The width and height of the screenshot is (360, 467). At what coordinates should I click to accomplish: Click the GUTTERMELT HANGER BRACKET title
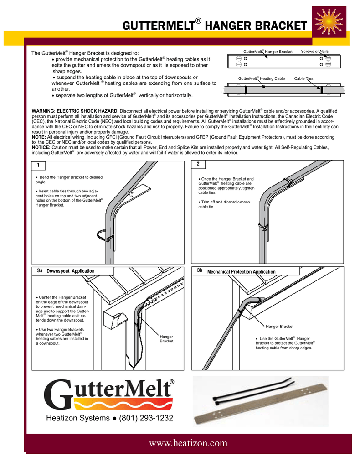[214, 26]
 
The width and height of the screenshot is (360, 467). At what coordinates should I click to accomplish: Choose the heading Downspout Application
[71, 271]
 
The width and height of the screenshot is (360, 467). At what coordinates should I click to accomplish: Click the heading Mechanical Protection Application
[242, 272]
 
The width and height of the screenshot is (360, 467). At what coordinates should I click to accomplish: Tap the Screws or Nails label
[315, 51]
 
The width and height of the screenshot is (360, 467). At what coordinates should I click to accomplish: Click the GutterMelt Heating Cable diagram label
[262, 78]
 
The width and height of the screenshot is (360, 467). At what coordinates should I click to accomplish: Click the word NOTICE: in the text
[41, 148]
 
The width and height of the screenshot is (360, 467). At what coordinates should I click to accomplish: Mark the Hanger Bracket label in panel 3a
[166, 339]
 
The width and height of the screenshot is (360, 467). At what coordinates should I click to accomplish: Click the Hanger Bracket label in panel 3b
[279, 327]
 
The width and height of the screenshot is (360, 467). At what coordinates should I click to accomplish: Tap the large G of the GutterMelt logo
[60, 395]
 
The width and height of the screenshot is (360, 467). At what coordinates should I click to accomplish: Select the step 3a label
[40, 270]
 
